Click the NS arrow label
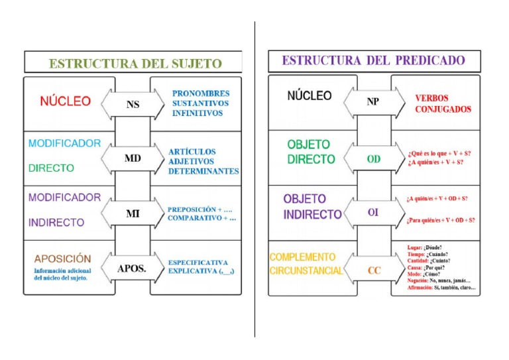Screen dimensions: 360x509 (133, 104)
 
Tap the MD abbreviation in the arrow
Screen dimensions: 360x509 (133, 159)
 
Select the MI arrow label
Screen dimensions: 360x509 (133, 213)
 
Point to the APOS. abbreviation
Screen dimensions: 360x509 (132, 269)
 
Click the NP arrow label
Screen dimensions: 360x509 (373, 102)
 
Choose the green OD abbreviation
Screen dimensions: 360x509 (374, 159)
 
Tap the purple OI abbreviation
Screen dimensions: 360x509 (373, 213)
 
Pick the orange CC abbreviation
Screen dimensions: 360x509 (374, 270)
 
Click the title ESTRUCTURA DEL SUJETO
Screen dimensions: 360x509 (135, 64)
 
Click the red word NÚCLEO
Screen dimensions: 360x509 (65, 101)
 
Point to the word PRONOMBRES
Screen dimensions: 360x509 (201, 93)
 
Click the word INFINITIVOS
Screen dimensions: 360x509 (198, 113)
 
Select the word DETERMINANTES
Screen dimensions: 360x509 (203, 171)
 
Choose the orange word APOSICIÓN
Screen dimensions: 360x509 (63, 259)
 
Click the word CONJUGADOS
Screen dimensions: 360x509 (443, 109)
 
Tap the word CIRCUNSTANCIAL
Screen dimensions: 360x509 (306, 270)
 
